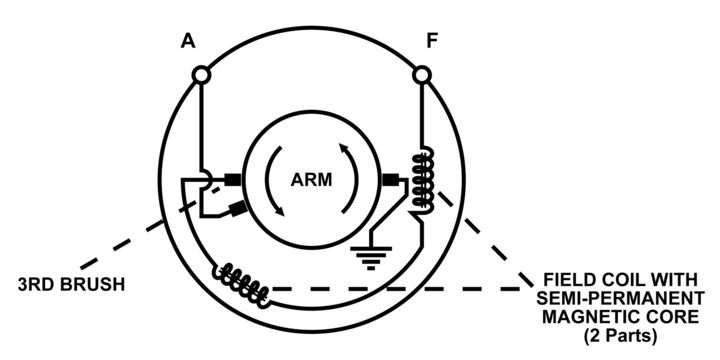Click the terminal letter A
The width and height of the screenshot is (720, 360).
187,42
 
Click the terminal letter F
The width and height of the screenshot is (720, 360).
431,42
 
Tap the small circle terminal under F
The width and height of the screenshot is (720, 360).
422,75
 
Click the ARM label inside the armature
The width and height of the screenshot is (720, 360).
311,180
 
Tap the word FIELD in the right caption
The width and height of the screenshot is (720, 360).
568,282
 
